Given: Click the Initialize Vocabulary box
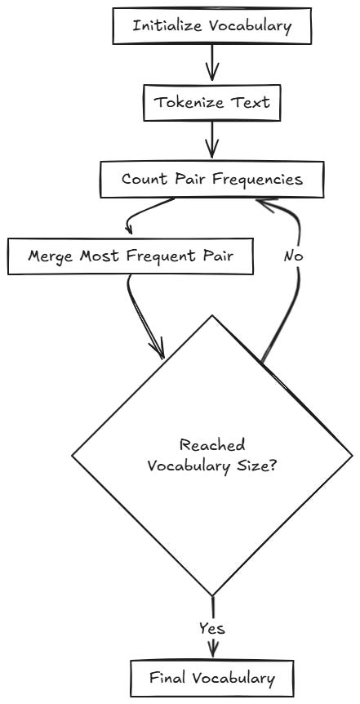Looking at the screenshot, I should (211, 25).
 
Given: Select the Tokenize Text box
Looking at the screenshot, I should (211, 104).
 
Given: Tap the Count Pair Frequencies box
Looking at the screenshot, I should (211, 179).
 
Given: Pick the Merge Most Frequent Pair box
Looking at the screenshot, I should (131, 256).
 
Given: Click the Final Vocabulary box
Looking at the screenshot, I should (211, 677).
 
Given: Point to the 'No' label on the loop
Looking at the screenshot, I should (294, 256).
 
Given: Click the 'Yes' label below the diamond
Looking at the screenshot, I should (211, 628).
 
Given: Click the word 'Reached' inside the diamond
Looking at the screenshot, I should (211, 445).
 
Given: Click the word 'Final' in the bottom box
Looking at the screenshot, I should (167, 677).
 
